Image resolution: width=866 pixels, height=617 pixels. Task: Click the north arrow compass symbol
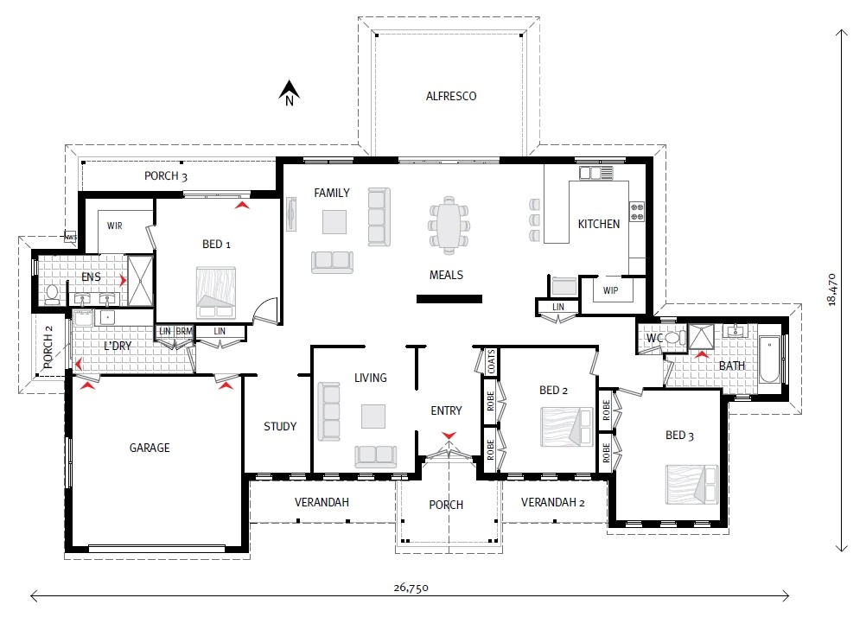(290, 91)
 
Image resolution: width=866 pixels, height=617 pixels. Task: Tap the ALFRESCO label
(451, 96)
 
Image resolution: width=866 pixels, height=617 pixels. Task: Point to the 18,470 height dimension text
(831, 289)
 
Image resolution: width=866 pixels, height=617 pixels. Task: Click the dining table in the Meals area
(449, 224)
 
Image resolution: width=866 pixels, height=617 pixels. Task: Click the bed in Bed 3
(691, 484)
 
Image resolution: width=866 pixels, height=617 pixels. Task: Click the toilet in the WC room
(674, 339)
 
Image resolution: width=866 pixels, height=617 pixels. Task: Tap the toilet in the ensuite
(52, 294)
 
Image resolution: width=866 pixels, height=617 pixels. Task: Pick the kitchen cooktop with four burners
(638, 211)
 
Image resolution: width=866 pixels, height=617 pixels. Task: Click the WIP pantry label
(611, 290)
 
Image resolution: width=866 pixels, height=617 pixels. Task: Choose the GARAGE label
(150, 448)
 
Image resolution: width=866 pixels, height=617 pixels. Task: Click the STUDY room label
(280, 426)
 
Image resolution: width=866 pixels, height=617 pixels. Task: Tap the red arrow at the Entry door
(448, 435)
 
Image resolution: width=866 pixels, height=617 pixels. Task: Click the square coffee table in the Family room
(335, 222)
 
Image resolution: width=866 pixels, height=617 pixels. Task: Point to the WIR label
(116, 226)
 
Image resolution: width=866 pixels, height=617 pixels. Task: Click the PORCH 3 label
(166, 176)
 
